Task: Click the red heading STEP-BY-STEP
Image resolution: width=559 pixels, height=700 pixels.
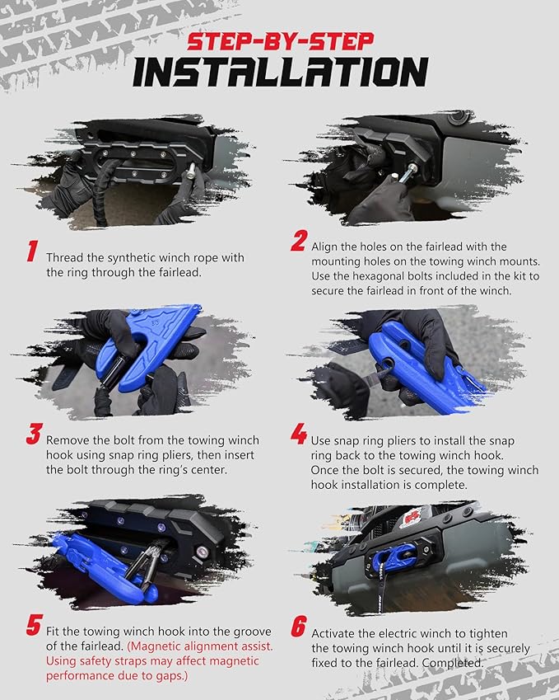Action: coord(281,41)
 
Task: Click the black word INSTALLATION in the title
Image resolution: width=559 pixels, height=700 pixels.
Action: coord(281,72)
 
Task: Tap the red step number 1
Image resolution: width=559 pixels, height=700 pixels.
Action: coord(32,251)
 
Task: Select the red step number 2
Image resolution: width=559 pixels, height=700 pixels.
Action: coord(299,241)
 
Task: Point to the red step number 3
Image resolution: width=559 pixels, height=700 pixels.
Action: coord(34,434)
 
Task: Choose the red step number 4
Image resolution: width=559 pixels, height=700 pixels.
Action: coord(299,434)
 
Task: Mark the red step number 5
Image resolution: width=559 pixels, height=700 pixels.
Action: coord(35,624)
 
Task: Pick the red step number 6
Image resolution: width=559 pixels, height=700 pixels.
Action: coord(299,626)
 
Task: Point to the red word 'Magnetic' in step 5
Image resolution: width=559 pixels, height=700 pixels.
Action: coord(154,646)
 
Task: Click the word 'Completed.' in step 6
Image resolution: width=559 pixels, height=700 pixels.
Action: coord(453,663)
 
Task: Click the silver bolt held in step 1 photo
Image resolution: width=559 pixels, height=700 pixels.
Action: coord(191,170)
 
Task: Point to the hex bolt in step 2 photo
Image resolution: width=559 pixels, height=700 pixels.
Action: coord(407,173)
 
